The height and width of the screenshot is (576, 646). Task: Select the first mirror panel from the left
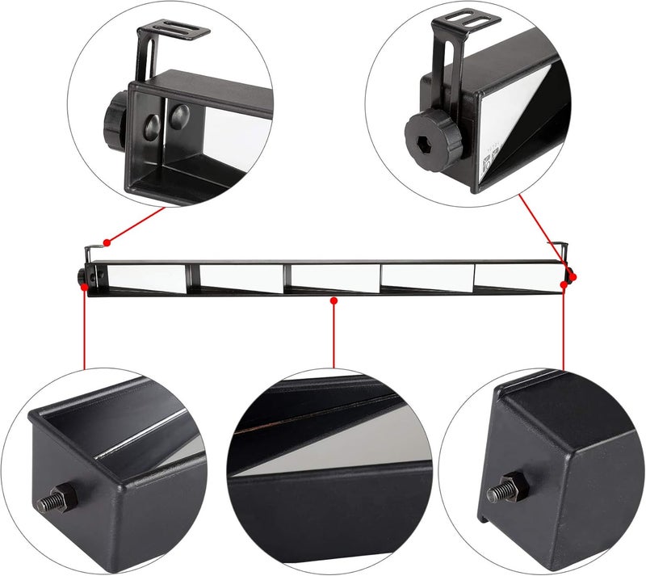145,278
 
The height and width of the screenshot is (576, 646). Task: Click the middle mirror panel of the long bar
333,277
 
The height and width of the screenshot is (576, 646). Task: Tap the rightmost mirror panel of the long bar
517,276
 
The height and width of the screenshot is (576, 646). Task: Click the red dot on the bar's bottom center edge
333,300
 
